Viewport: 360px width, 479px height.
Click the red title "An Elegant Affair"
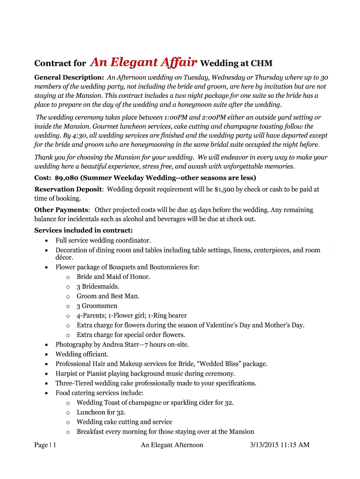[x=144, y=63]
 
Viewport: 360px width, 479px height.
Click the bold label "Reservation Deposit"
[x=68, y=189]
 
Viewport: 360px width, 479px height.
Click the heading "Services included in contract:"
[x=84, y=230]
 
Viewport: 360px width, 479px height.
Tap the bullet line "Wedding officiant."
[x=82, y=354]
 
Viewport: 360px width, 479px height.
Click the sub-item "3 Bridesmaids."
[x=98, y=286]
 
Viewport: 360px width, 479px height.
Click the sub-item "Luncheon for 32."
[x=101, y=412]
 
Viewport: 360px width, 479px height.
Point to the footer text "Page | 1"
[x=45, y=445]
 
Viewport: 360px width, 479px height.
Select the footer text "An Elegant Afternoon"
[x=172, y=445]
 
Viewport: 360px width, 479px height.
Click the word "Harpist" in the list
[x=67, y=373]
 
